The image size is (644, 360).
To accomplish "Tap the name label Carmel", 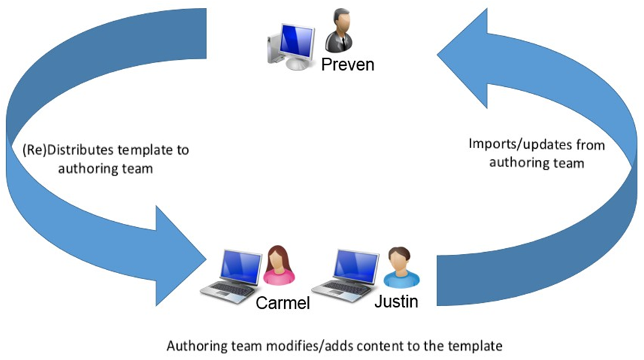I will click(282, 305).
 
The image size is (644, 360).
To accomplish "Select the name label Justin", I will click(396, 301).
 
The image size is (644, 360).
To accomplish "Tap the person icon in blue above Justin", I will click(401, 267).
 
